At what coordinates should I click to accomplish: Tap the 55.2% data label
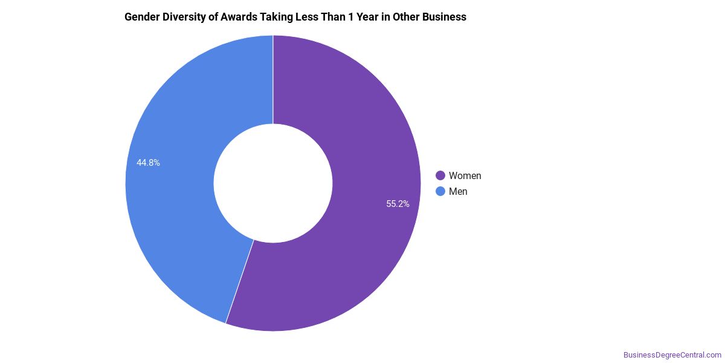coord(398,204)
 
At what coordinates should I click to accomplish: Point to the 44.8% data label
coord(148,163)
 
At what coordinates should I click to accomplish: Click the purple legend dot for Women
coord(440,175)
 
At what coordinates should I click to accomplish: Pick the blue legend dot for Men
coord(440,191)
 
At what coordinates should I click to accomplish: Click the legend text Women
coord(465,175)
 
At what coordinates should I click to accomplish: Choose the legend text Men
coord(458,192)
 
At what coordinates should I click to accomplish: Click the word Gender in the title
coord(142,17)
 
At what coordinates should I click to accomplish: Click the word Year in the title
coord(367,17)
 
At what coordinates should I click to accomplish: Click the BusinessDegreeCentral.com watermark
coord(672,355)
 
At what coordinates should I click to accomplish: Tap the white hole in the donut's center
coord(273,183)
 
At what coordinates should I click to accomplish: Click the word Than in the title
coord(332,17)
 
